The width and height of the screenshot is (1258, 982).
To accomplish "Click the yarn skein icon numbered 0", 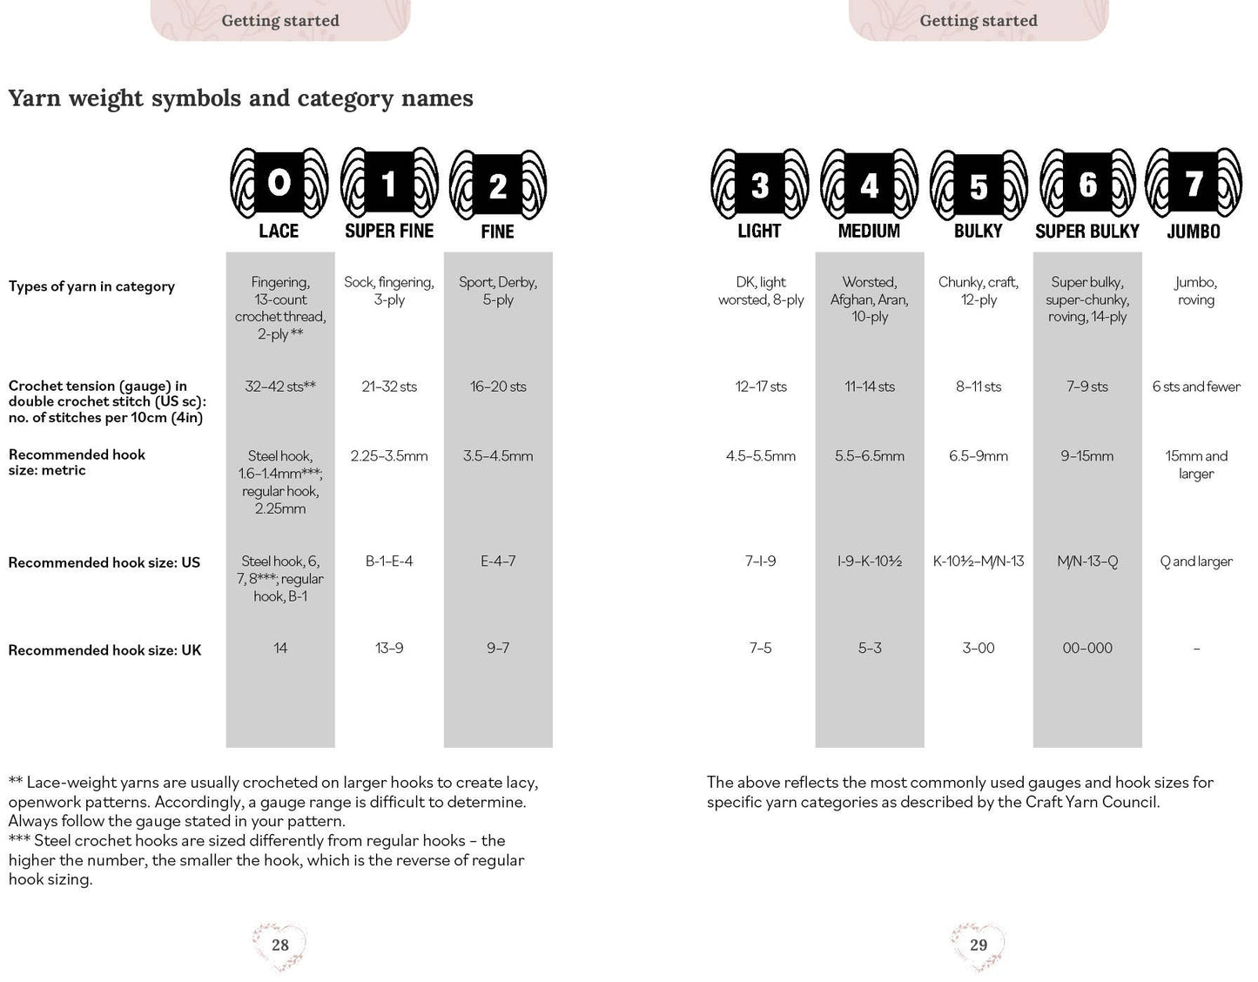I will click(x=279, y=184).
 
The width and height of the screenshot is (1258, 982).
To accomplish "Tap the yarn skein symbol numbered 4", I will click(x=869, y=184).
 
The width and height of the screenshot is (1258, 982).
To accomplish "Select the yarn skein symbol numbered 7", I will click(x=1194, y=184).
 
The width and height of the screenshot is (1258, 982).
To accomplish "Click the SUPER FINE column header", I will click(x=389, y=232).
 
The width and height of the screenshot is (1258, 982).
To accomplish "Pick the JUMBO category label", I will click(x=1194, y=232).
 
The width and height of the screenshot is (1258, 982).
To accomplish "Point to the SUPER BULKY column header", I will click(x=1087, y=232).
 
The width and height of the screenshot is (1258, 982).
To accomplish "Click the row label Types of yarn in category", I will click(x=91, y=286).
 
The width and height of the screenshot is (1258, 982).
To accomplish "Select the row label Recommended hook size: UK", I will click(x=104, y=650).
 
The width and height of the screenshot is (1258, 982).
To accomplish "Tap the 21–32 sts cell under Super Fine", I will click(x=389, y=387).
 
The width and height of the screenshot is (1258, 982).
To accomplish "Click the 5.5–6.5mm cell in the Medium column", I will click(x=870, y=456).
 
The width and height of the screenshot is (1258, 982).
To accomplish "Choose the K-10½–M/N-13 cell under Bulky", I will click(x=979, y=562).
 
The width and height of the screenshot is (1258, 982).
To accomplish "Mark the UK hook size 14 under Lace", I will click(x=280, y=649).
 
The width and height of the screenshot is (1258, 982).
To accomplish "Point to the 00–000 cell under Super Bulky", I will click(x=1087, y=649).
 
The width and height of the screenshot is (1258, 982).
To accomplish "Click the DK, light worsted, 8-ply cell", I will click(x=761, y=291).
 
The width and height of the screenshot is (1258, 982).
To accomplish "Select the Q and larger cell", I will click(x=1196, y=562).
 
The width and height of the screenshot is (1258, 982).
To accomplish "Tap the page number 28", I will click(x=280, y=945).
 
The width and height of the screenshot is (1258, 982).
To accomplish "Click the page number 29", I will click(x=979, y=945).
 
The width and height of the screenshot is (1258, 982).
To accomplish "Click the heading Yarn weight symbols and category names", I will click(x=241, y=98).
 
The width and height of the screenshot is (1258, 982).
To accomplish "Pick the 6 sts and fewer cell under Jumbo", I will click(x=1196, y=387).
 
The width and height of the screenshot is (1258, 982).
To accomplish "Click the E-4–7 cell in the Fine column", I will click(x=498, y=562).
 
